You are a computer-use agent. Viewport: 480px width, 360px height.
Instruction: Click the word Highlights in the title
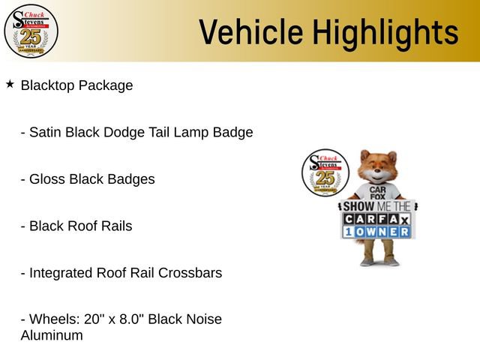coord(385,32)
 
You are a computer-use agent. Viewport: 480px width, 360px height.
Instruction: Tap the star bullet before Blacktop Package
coord(10,84)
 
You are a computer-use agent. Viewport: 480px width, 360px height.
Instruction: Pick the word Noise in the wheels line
coord(203,319)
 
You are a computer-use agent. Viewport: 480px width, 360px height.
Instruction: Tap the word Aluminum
coord(52,335)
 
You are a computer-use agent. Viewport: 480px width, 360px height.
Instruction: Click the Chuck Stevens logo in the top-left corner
coord(31,31)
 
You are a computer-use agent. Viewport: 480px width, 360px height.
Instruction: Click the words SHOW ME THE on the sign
coord(377,205)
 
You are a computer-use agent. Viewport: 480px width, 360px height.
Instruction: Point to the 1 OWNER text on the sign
coord(377,232)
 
